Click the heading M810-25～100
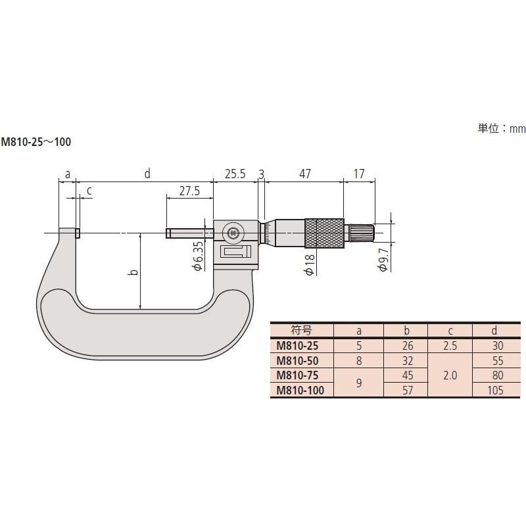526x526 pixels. [x=36, y=142]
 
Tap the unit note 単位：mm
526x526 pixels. [x=502, y=128]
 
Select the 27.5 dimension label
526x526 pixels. [x=189, y=191]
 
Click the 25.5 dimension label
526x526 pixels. [x=235, y=174]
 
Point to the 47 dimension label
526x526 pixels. [x=304, y=174]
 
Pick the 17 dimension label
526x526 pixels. [x=358, y=174]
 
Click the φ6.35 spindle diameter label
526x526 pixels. [x=198, y=256]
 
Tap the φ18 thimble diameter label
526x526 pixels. [x=310, y=265]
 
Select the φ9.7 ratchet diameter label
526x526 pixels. [x=383, y=260]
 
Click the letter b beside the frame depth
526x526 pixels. [x=133, y=272]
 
